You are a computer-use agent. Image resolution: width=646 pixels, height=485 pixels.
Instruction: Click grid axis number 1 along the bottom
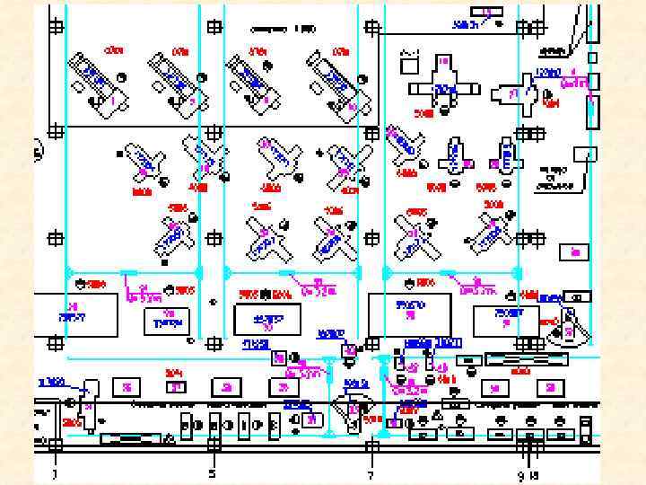(55, 473)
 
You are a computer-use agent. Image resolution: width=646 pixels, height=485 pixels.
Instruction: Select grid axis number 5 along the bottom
(213, 473)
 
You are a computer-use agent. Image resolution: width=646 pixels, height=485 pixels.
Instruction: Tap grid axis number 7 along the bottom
(371, 473)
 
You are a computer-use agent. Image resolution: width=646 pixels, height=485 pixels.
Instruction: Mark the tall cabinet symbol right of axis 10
(587, 426)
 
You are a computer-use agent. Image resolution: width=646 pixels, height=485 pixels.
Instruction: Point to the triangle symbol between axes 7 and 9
(436, 417)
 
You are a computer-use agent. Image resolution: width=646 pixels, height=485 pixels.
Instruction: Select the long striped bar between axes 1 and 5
(131, 438)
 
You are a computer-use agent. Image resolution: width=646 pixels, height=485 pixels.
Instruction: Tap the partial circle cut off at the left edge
(38, 149)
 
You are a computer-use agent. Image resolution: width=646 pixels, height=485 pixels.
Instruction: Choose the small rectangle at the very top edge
(490, 10)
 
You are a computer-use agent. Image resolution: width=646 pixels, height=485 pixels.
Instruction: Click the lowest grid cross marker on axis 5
(213, 444)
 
